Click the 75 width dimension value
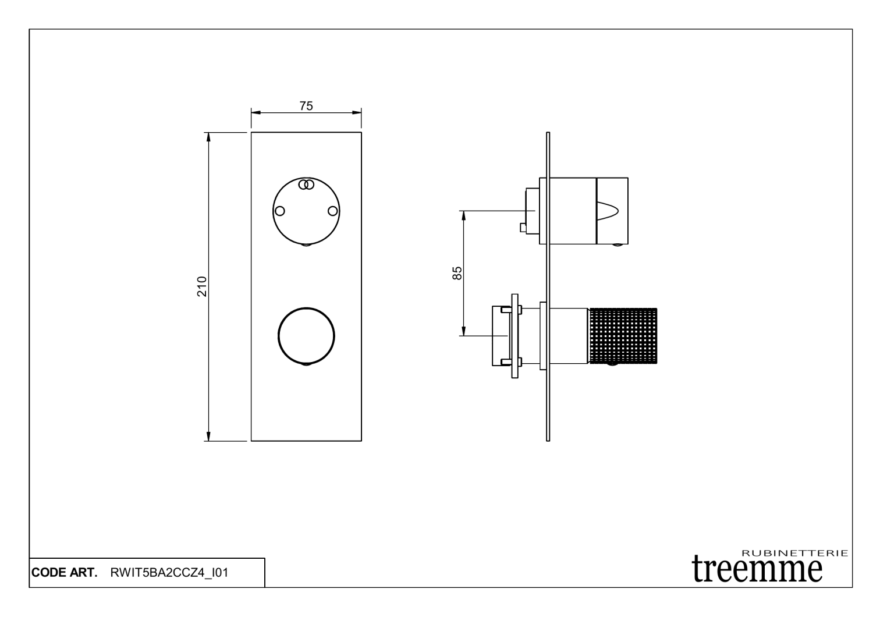pyautogui.click(x=306, y=106)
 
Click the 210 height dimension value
pyautogui.click(x=202, y=287)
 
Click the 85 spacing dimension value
pyautogui.click(x=457, y=273)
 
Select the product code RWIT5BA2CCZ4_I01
pyautogui.click(x=169, y=573)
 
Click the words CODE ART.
pyautogui.click(x=64, y=573)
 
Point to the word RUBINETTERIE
pyautogui.click(x=795, y=553)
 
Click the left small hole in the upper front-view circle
pyautogui.click(x=280, y=211)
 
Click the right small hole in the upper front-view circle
pyautogui.click(x=333, y=211)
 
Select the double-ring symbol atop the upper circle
pyautogui.click(x=306, y=185)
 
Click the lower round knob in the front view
pyautogui.click(x=306, y=335)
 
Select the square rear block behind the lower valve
pyautogui.click(x=500, y=335)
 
